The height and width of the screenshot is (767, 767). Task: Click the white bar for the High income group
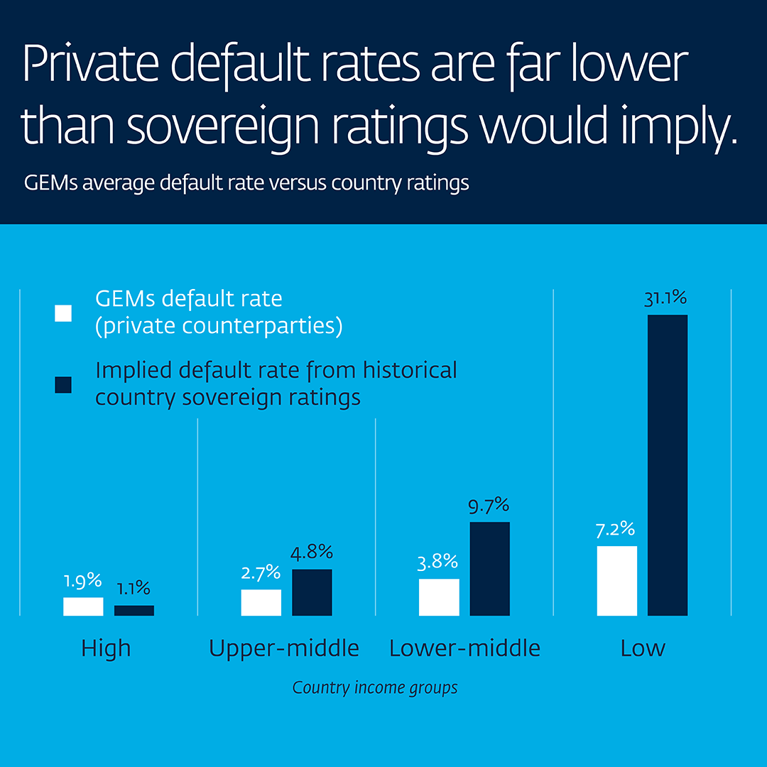[83, 606]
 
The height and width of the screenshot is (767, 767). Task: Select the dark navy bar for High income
[134, 611]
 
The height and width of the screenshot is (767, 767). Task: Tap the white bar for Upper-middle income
[261, 602]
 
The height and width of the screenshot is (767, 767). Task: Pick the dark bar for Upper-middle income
[312, 592]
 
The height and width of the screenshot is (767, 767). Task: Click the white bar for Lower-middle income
[439, 597]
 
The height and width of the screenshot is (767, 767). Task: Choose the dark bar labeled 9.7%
[489, 569]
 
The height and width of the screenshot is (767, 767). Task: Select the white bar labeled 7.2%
[616, 581]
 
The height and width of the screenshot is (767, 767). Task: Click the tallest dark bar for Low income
[668, 465]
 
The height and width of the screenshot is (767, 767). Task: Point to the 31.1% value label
[665, 299]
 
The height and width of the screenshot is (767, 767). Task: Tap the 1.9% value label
[83, 581]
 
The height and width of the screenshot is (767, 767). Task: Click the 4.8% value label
[312, 553]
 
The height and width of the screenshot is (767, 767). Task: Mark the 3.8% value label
[438, 562]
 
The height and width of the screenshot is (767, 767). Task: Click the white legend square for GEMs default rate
[63, 313]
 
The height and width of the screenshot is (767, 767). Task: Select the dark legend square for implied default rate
[63, 384]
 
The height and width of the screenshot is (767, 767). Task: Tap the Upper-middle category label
[284, 648]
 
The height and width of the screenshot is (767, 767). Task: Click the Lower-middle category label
[464, 648]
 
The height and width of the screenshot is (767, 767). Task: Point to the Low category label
[642, 648]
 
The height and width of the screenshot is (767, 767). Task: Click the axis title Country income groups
[375, 688]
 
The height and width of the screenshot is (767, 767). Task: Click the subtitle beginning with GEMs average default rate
[246, 183]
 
